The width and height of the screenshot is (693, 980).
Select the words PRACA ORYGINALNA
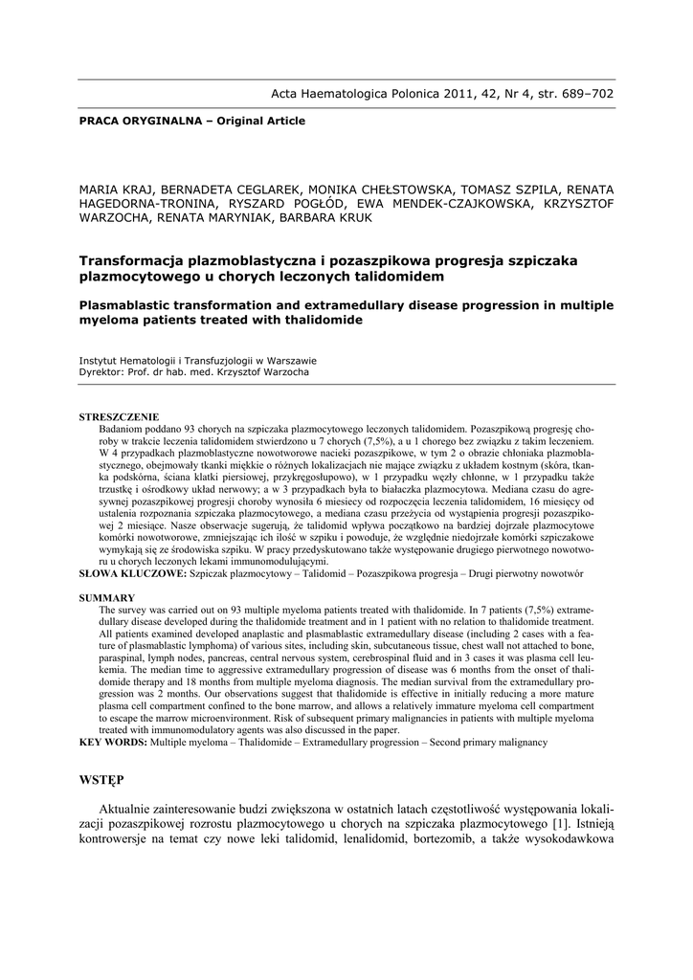point(137,122)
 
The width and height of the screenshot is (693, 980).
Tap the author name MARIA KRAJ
point(114,189)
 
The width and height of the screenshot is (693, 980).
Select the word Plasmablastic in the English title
point(128,304)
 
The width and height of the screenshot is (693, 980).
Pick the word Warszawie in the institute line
point(289,361)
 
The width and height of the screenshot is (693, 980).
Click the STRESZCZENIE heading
point(119,418)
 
